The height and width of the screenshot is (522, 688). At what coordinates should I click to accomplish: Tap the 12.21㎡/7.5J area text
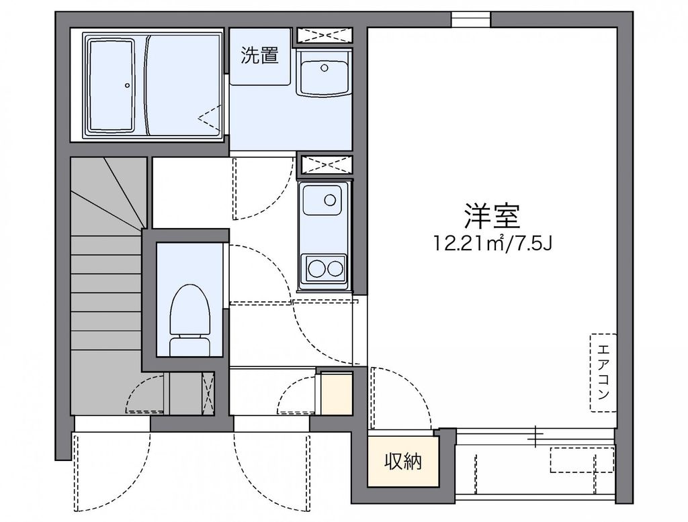493,244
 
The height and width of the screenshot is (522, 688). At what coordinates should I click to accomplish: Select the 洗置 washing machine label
260,56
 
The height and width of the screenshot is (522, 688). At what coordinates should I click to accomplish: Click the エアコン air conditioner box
603,372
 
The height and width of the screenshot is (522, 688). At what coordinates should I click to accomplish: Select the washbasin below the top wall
324,75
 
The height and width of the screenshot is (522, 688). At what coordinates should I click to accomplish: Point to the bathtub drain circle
127,85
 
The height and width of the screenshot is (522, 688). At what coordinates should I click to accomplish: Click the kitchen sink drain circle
330,199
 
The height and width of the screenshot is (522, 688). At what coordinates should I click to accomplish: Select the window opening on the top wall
470,19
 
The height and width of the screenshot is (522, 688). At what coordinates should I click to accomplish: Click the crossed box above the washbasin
325,35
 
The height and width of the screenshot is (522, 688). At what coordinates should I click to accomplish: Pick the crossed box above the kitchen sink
325,164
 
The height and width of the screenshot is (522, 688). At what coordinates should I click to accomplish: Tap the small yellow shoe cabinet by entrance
337,394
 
